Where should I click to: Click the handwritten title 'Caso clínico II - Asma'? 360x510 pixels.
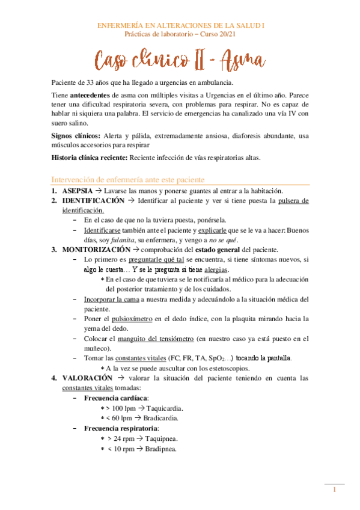pos(180,59)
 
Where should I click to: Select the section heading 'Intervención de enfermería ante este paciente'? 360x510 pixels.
pos(129,180)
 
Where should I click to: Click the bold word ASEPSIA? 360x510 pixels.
pos(77,191)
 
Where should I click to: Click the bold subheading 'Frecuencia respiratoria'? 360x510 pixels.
pos(120,429)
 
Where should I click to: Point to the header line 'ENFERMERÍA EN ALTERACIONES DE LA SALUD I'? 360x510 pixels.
pos(181,26)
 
